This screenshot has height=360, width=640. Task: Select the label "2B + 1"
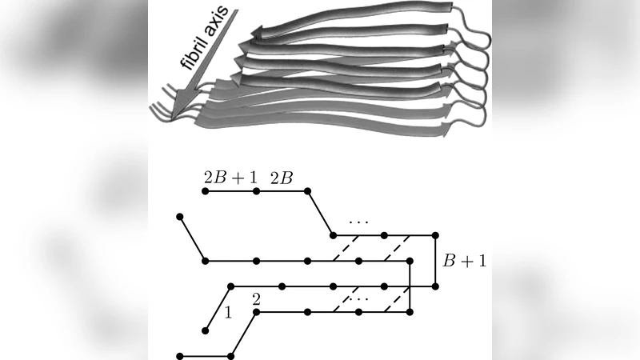click(230, 178)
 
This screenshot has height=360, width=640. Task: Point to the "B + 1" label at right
click(463, 260)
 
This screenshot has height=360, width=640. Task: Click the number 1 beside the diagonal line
click(228, 313)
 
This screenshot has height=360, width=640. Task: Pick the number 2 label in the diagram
click(256, 299)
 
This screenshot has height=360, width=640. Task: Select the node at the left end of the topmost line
click(206, 193)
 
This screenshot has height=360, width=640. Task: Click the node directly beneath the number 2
click(256, 311)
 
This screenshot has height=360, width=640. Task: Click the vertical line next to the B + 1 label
click(436, 260)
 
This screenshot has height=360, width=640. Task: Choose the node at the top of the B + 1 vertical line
click(436, 235)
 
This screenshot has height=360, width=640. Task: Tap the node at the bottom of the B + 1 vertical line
click(436, 286)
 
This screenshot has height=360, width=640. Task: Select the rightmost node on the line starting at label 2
click(410, 311)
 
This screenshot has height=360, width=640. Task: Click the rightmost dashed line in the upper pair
click(398, 248)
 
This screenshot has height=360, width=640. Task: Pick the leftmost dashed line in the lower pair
click(346, 298)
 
